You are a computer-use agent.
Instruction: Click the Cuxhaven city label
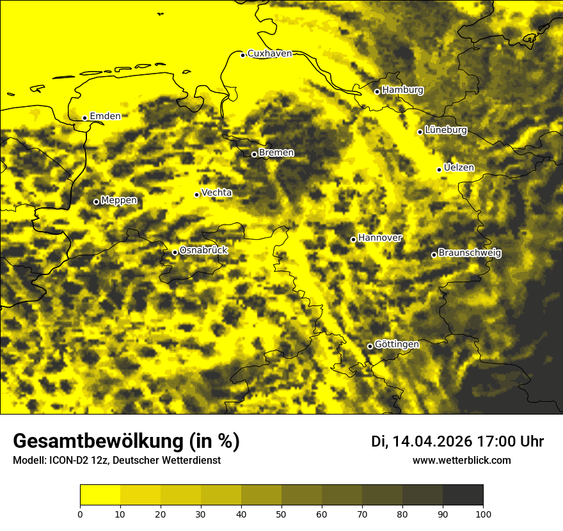pyautogui.click(x=269, y=54)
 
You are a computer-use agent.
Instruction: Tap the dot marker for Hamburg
pyautogui.click(x=377, y=91)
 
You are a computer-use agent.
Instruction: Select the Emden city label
pyautogui.click(x=105, y=116)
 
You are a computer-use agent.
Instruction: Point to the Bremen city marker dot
pyautogui.click(x=254, y=154)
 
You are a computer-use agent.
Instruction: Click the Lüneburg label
pyautogui.click(x=446, y=131)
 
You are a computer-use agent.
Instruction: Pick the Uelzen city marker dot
pyautogui.click(x=439, y=170)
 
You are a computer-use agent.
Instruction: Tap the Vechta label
pyautogui.click(x=216, y=193)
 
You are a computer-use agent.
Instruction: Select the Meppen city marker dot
pyautogui.click(x=96, y=202)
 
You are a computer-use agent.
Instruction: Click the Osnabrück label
pyautogui.click(x=203, y=251)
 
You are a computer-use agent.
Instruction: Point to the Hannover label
pyautogui.click(x=379, y=238)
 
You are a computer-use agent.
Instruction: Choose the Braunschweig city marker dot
pyautogui.click(x=434, y=255)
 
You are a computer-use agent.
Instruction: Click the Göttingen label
pyautogui.click(x=397, y=345)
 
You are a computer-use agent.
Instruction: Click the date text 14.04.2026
pyautogui.click(x=432, y=441)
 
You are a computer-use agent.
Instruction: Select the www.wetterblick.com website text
pyautogui.click(x=461, y=461)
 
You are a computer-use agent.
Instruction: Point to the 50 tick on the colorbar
pyautogui.click(x=281, y=514)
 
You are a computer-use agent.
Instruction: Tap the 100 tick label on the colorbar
pyautogui.click(x=483, y=514)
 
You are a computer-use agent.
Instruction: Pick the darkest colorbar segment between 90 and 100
pyautogui.click(x=463, y=495)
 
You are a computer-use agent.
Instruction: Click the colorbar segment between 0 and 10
pyautogui.click(x=100, y=495)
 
